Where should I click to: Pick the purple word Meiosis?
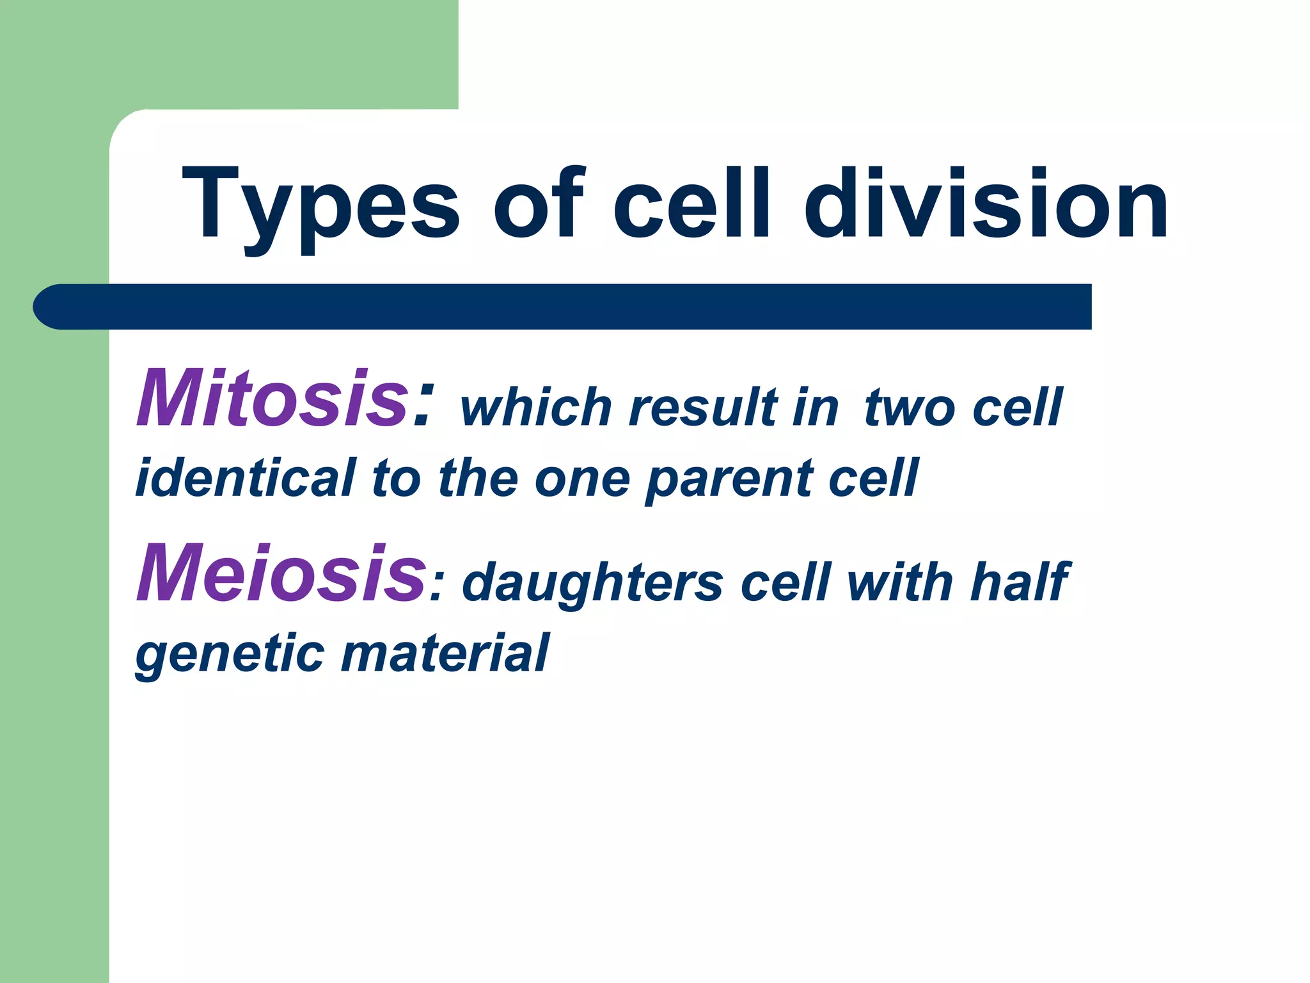tap(281, 573)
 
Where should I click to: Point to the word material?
tap(445, 653)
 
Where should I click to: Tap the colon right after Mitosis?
tap(423, 403)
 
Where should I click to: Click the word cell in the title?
tap(691, 204)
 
